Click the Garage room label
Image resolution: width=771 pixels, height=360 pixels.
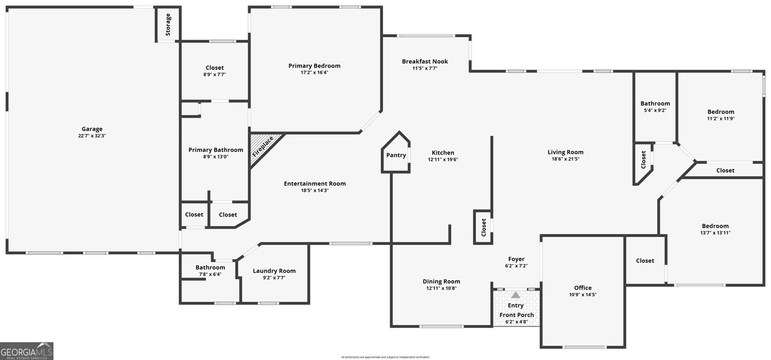pyautogui.click(x=92, y=129)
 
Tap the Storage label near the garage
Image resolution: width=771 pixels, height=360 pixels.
pyautogui.click(x=168, y=25)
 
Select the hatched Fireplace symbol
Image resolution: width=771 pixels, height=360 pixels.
pyautogui.click(x=263, y=147)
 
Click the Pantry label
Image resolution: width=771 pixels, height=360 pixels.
pyautogui.click(x=396, y=155)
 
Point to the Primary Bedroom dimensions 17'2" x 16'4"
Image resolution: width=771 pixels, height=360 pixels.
pyautogui.click(x=314, y=73)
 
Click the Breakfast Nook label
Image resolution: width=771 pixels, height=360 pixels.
pyautogui.click(x=425, y=61)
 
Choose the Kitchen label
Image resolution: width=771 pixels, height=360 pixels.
pyautogui.click(x=443, y=152)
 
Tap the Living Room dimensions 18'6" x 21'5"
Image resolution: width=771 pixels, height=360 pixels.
pyautogui.click(x=565, y=159)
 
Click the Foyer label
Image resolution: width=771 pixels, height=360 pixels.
pyautogui.click(x=516, y=259)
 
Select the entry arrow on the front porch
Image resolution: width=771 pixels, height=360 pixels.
pyautogui.click(x=516, y=295)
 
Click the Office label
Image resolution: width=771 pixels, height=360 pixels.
pyautogui.click(x=583, y=288)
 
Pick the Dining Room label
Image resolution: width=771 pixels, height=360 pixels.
pyautogui.click(x=441, y=281)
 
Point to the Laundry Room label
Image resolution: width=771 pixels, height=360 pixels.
pyautogui.click(x=274, y=271)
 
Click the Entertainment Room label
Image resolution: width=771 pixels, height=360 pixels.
pyautogui.click(x=315, y=184)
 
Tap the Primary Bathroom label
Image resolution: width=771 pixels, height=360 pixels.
pyautogui.click(x=215, y=150)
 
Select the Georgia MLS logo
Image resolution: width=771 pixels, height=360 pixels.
pyautogui.click(x=27, y=351)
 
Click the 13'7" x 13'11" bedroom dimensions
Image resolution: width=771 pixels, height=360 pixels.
pyautogui.click(x=715, y=233)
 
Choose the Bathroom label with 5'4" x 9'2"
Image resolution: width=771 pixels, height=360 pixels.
pyautogui.click(x=655, y=103)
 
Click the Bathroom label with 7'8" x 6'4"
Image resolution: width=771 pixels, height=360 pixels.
pyautogui.click(x=210, y=267)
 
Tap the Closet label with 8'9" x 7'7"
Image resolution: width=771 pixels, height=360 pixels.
pyautogui.click(x=214, y=68)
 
